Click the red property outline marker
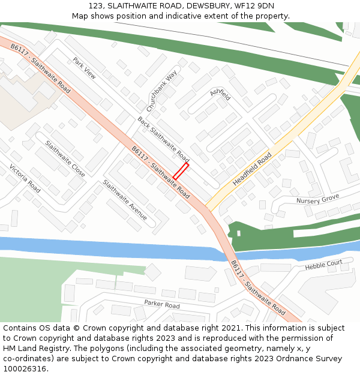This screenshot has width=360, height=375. [181, 171]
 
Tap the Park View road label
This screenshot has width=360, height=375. [84, 68]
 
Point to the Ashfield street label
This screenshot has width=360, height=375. [220, 94]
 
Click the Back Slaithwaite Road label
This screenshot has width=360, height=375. [163, 139]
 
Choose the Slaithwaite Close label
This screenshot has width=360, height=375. [65, 159]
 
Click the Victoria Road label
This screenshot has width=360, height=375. [25, 178]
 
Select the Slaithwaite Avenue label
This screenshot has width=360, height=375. [125, 200]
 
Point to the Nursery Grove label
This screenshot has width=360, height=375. [317, 199]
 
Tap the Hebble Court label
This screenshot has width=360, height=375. [323, 265]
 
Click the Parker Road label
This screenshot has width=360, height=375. [161, 305]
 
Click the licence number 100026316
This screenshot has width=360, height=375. [25, 368]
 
